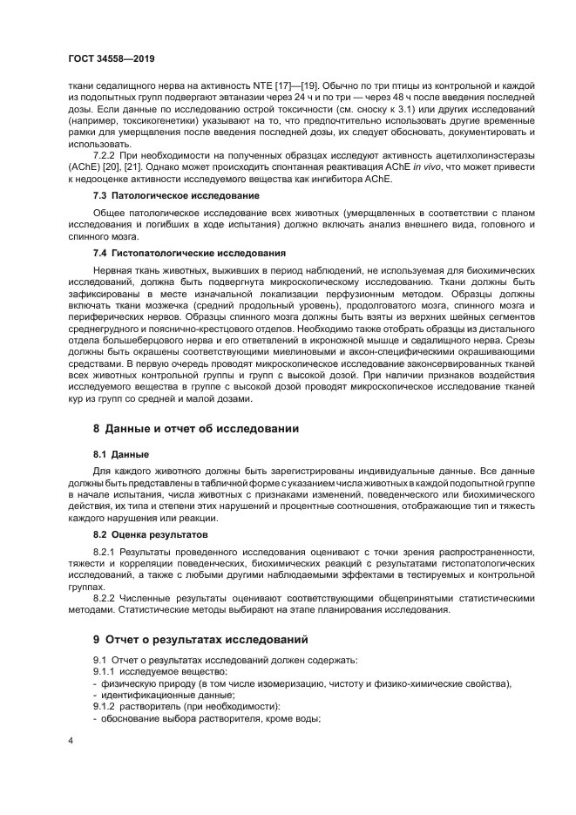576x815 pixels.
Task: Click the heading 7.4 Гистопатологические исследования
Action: (x=166, y=253)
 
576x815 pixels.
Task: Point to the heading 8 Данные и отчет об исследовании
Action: (x=196, y=429)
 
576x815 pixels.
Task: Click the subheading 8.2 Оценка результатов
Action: (x=150, y=533)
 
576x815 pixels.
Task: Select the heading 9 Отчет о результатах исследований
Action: (x=200, y=639)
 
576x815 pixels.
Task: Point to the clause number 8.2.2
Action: (x=107, y=599)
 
